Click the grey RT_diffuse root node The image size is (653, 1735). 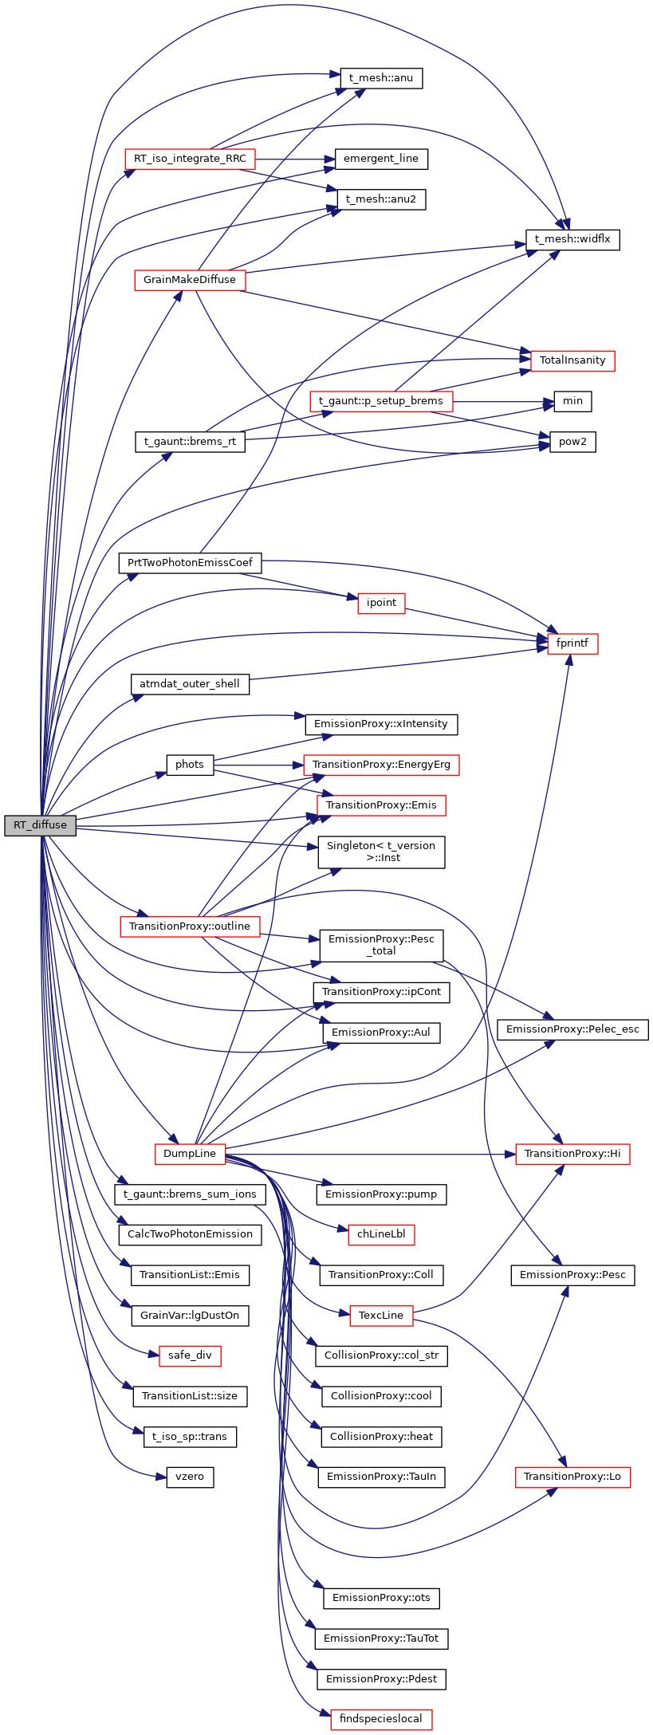click(x=40, y=825)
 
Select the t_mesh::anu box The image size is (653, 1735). click(x=381, y=78)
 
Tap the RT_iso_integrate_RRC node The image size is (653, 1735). click(x=190, y=159)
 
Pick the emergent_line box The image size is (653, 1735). click(x=381, y=159)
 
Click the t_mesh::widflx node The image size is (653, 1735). click(x=572, y=239)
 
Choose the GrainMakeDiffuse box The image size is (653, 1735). click(x=190, y=280)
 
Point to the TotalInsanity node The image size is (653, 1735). click(x=572, y=360)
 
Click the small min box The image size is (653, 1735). click(x=572, y=401)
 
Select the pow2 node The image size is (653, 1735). click(x=572, y=442)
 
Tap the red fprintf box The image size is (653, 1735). click(x=572, y=643)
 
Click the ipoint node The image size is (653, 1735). click(x=381, y=603)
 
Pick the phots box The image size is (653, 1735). click(x=190, y=765)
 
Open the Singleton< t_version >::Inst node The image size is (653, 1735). click(x=381, y=852)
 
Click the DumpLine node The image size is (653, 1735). click(x=190, y=1154)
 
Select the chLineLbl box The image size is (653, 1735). click(x=381, y=1235)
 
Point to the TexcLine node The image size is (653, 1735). click(x=381, y=1316)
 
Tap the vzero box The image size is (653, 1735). click(x=190, y=1477)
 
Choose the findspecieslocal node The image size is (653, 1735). click(x=381, y=1719)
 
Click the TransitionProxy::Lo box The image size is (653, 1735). click(x=572, y=1477)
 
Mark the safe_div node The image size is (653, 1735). click(x=190, y=1355)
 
